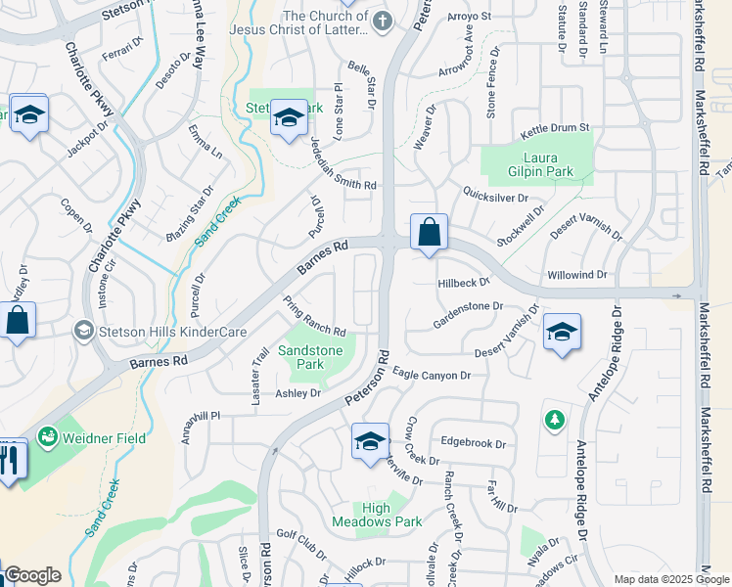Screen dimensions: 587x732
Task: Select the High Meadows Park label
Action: [390, 515]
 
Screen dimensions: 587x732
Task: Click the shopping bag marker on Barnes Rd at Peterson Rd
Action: [429, 234]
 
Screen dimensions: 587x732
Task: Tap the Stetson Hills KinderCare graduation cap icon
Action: [84, 332]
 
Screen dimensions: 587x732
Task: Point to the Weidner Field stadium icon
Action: [46, 438]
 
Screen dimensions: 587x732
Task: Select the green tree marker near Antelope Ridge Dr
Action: [555, 420]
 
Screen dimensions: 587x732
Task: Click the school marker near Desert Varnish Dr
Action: [562, 333]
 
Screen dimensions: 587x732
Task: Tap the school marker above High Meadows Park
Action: [370, 442]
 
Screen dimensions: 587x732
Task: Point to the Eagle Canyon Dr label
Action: [432, 374]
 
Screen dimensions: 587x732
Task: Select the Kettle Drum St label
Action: [555, 128]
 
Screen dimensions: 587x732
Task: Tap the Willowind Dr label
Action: [577, 276]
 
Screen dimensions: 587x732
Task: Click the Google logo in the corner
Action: [32, 575]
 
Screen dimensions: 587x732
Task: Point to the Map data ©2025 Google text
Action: [670, 579]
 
